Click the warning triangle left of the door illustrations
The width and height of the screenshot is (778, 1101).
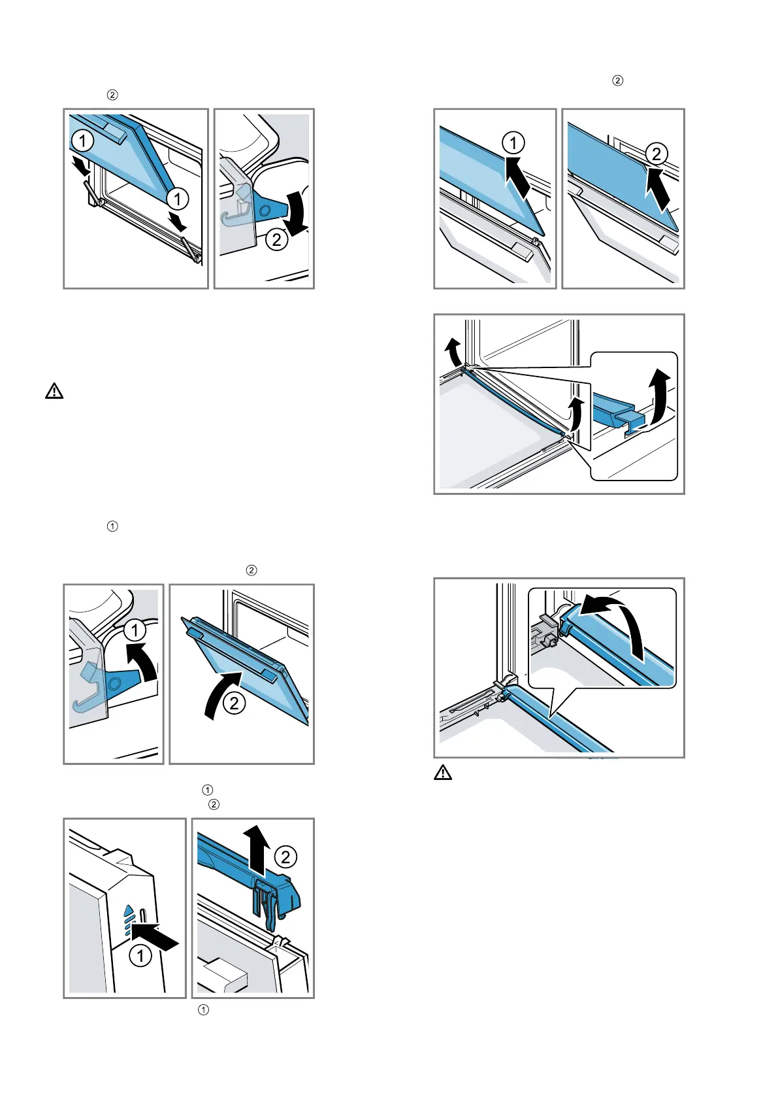coord(54,392)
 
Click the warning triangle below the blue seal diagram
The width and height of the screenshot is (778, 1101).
coord(443,773)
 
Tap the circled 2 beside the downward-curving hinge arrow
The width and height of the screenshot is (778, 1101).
coord(277,239)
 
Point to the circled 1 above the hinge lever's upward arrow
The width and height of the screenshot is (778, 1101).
coord(135,630)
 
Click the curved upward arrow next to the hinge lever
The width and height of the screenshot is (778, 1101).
coord(145,660)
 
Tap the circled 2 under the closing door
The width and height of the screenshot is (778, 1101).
coord(234,703)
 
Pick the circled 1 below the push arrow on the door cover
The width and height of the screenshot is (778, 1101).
coord(140,956)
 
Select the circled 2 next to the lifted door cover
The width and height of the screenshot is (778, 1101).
coord(285,856)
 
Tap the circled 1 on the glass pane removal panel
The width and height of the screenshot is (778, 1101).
coord(513,143)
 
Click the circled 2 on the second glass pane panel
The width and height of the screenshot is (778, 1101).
coord(656,154)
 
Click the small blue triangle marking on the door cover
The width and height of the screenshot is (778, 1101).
coord(129,909)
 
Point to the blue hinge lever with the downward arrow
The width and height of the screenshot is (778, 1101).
coord(269,209)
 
